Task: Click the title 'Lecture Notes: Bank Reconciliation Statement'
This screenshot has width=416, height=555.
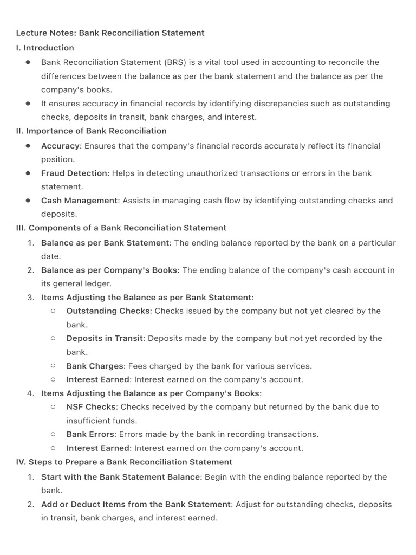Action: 110,33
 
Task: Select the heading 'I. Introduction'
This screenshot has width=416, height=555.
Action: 45,48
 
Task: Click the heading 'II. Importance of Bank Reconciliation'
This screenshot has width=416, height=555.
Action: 92,131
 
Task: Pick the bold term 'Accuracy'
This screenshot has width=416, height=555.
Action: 61,146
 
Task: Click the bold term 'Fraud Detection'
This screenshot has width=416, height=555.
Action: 74,173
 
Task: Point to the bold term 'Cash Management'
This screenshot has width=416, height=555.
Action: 80,201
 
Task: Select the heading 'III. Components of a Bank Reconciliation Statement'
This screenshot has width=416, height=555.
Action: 121,228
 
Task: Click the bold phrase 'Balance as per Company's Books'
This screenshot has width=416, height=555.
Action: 109,270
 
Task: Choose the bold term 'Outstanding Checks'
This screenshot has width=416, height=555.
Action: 108,311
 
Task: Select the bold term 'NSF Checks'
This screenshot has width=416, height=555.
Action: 91,406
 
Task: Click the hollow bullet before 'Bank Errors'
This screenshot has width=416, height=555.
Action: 53,434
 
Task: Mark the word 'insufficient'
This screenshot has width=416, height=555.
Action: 90,421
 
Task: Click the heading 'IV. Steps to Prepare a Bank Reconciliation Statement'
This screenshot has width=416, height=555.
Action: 124,462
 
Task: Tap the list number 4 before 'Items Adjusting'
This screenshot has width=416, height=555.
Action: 31,393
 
